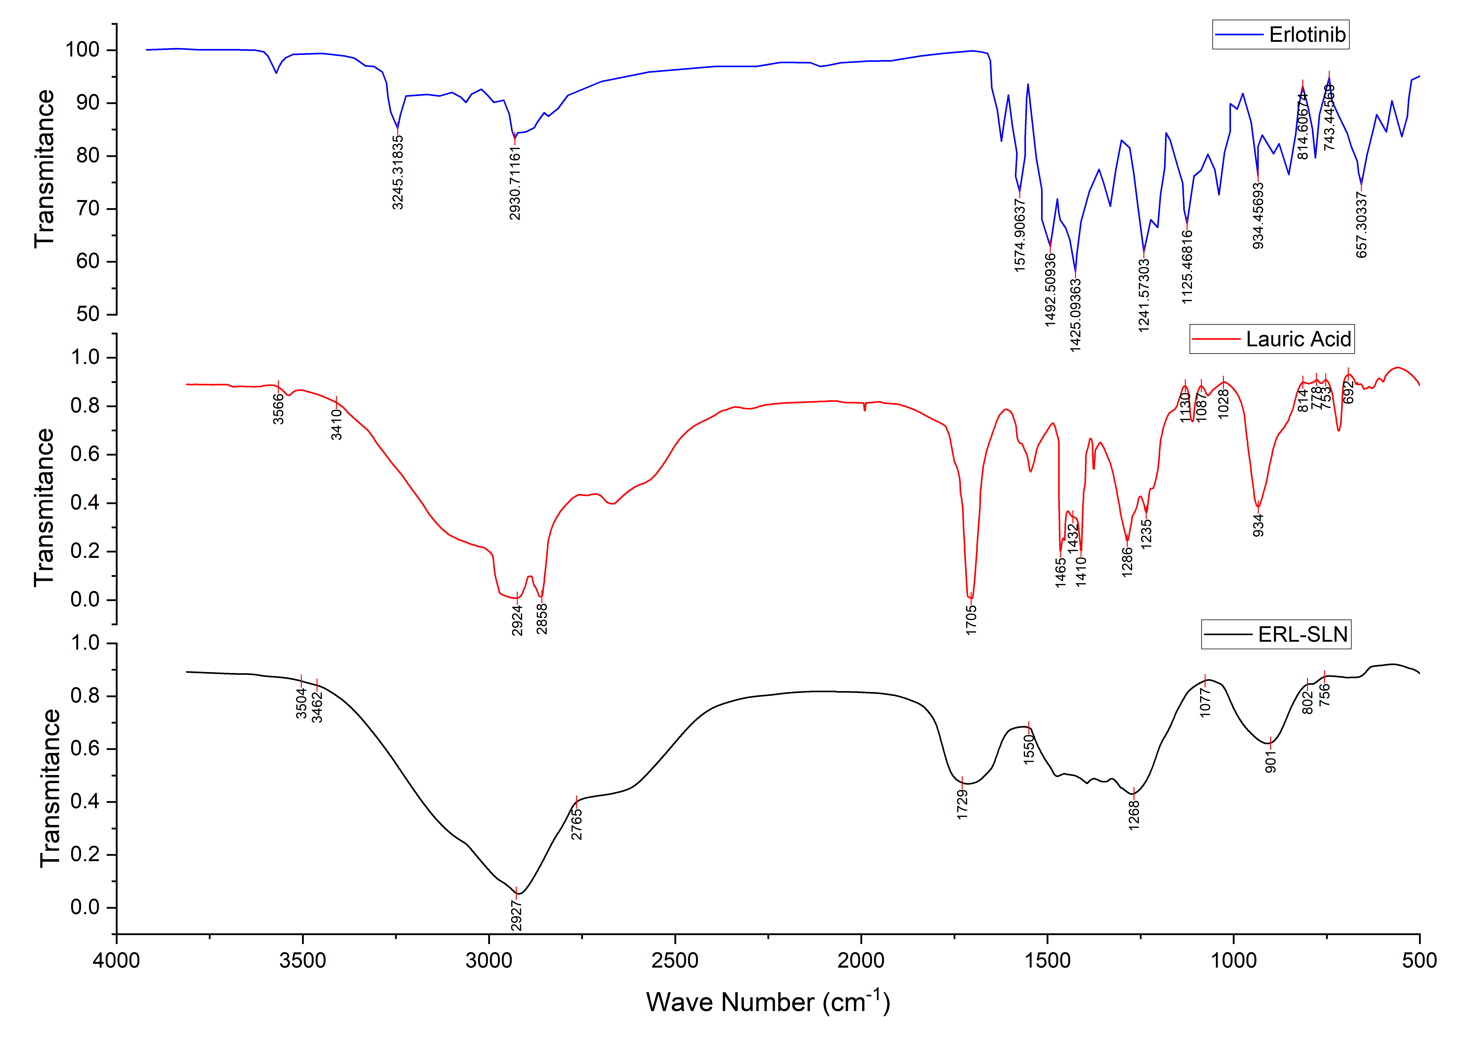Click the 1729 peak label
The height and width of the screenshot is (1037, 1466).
coord(962,804)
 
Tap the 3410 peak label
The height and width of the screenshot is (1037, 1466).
coord(337,425)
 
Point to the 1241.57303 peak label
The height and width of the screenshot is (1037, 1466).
coord(1143,295)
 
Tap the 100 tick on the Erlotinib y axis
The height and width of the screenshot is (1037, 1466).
coord(82,50)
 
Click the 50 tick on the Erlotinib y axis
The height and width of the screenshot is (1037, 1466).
coord(87,314)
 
